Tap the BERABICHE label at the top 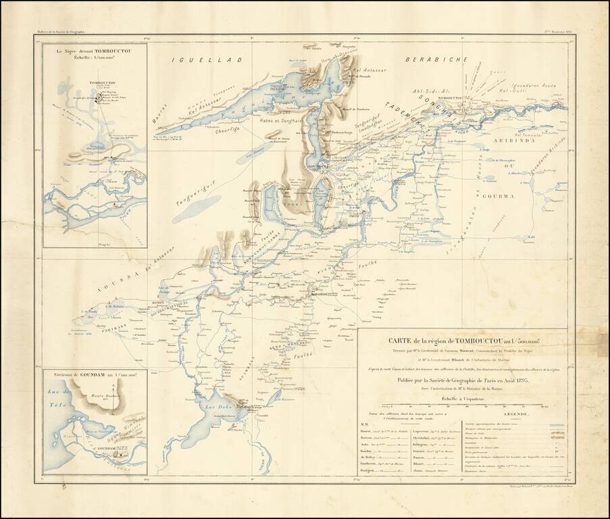(x=436, y=60)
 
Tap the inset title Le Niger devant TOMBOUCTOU (x=95, y=53)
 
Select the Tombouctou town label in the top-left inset (x=100, y=83)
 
